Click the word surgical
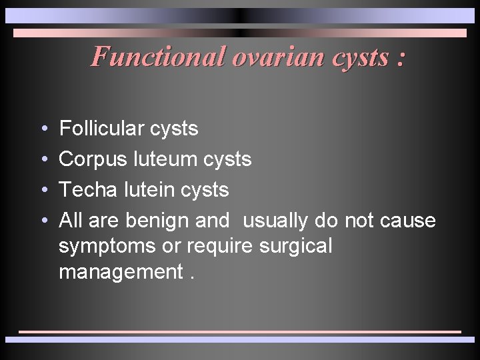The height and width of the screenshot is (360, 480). [293, 247]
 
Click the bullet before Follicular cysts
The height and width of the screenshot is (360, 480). [43, 129]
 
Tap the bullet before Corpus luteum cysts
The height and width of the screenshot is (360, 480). [43, 160]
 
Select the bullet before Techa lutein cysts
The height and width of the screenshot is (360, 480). [43, 191]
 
